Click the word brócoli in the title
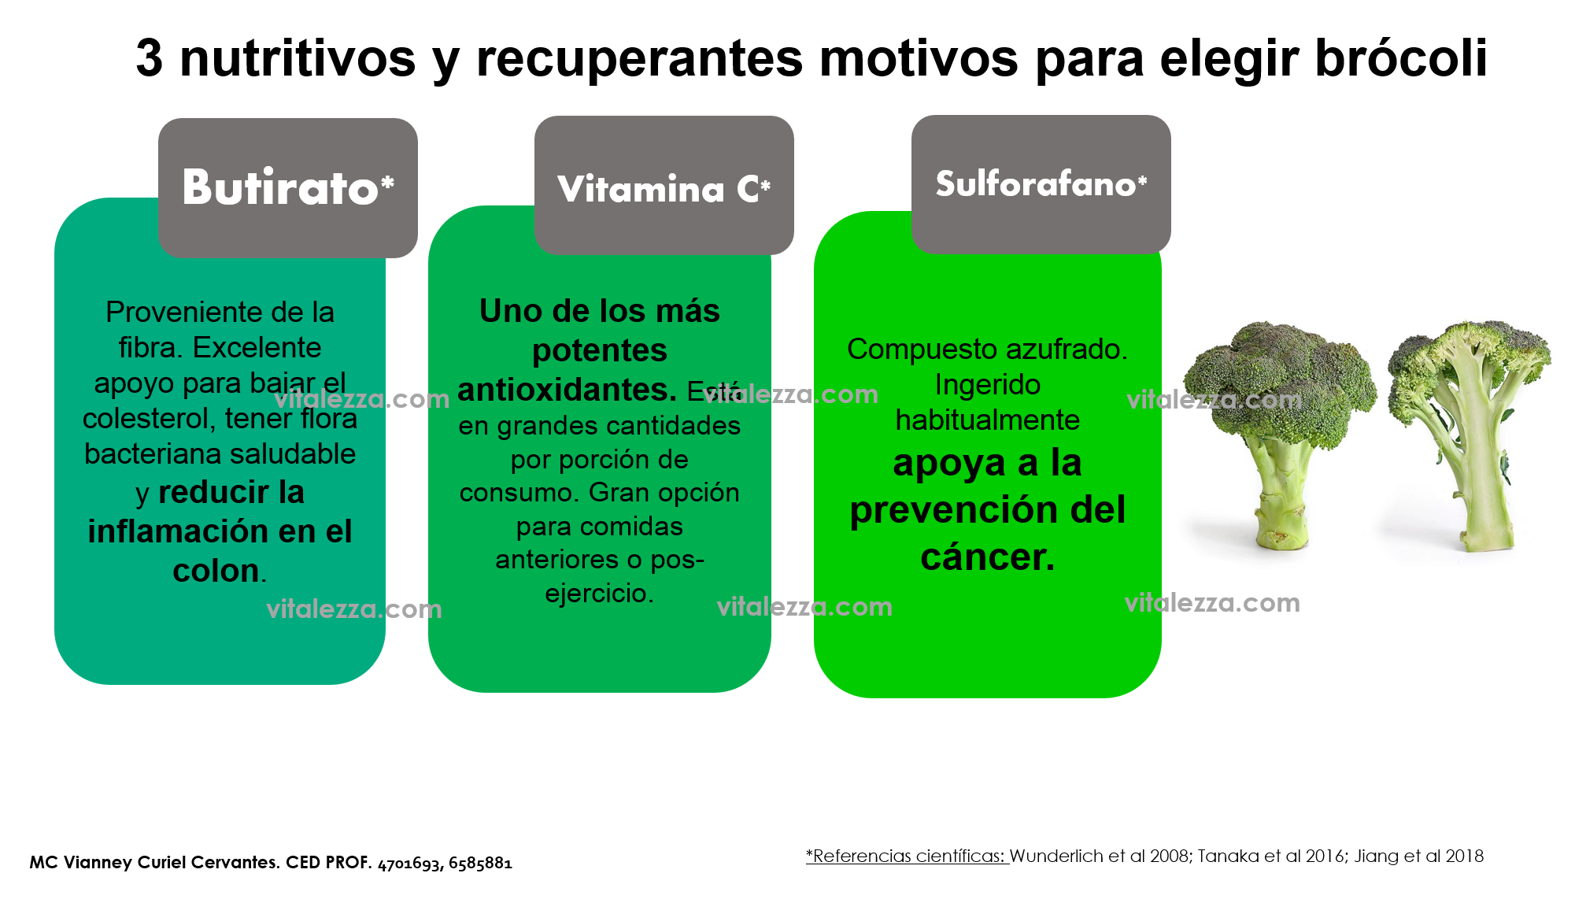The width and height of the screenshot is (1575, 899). point(1401,57)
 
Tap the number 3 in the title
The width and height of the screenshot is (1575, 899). point(150,58)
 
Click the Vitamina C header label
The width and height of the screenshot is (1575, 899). point(664,189)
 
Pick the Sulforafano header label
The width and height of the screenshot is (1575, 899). point(1041,183)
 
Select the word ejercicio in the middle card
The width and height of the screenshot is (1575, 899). point(599,593)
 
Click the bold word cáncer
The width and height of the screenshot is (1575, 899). point(988,557)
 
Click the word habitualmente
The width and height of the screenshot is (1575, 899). point(987,420)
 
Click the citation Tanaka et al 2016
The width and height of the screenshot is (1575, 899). point(1271,856)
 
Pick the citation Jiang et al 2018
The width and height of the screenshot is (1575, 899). point(1419,856)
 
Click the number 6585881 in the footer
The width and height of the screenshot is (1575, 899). point(480,864)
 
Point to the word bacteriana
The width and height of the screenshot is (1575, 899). point(155,454)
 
